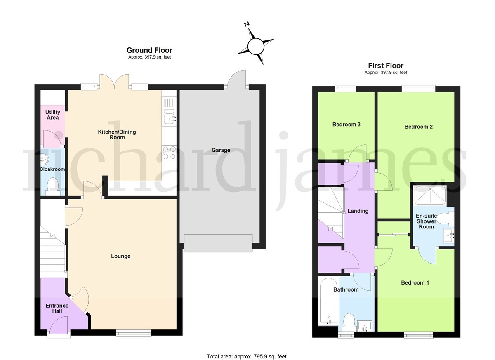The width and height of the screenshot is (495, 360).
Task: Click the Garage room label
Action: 221,150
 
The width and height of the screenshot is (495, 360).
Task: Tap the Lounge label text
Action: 120,256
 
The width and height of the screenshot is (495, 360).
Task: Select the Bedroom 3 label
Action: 346,125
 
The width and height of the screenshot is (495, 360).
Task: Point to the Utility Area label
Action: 53,115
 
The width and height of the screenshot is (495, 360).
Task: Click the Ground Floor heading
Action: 149,50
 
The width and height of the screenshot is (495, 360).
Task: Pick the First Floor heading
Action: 386,66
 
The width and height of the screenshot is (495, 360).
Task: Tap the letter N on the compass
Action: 247,24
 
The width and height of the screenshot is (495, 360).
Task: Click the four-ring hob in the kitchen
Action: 170,153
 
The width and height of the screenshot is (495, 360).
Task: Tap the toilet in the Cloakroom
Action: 53,187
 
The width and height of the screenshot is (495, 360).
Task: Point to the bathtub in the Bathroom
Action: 328,302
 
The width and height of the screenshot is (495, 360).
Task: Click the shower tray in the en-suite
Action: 430,195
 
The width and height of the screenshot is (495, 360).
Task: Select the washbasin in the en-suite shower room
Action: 449,236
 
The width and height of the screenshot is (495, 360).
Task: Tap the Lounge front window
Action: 134,333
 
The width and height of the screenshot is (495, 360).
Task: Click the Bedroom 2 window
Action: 418,89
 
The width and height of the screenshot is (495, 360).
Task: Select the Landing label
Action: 358,211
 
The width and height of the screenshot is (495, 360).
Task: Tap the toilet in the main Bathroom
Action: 349,322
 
